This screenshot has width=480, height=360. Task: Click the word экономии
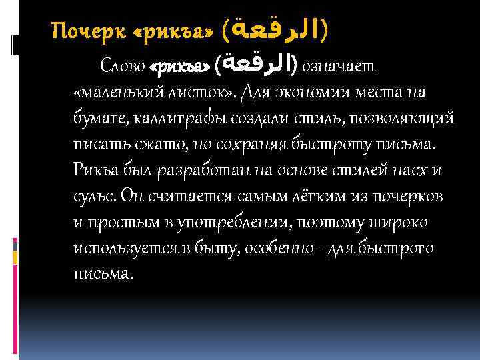309,91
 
